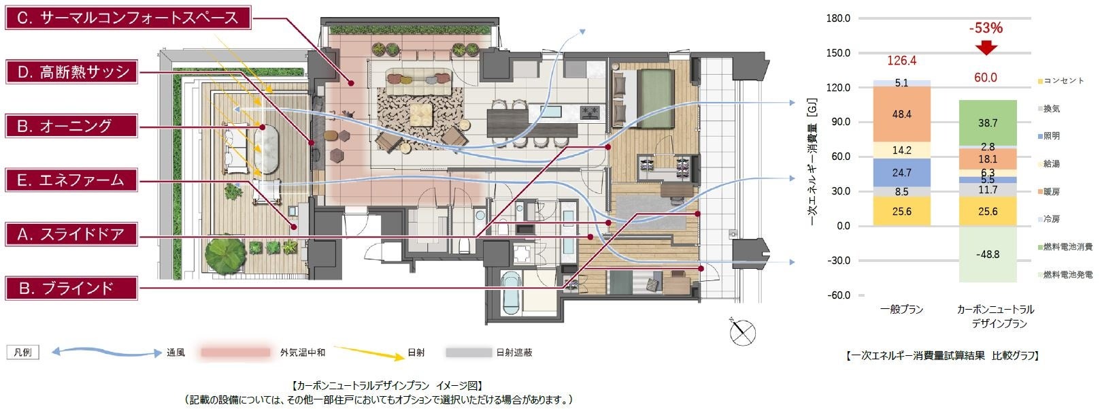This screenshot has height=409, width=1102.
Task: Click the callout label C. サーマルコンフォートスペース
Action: click(128, 18)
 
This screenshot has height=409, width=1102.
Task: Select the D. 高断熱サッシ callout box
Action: click(71, 72)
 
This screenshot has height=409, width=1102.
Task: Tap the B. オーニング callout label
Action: click(71, 126)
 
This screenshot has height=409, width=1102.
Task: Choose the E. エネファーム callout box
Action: click(71, 180)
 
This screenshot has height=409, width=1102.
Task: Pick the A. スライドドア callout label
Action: click(71, 234)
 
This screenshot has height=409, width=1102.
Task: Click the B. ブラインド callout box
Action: click(71, 289)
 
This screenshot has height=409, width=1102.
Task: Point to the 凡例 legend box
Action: click(22, 353)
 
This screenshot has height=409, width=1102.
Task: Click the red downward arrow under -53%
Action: click(986, 48)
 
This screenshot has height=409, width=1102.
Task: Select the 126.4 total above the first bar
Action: click(901, 61)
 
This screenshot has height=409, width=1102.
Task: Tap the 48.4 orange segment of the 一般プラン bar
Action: click(902, 114)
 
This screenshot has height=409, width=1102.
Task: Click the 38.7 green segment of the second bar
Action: click(988, 123)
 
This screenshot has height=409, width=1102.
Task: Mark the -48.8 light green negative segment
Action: click(988, 255)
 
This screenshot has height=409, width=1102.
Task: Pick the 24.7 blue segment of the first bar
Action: click(902, 173)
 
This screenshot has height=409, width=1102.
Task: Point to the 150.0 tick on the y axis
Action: click(838, 52)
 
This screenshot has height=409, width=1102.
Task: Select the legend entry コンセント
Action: click(1061, 81)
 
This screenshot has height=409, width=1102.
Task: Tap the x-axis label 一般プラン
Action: click(902, 310)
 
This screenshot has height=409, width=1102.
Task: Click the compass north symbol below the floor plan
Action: click(742, 331)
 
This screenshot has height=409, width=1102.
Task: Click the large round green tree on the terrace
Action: click(225, 256)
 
